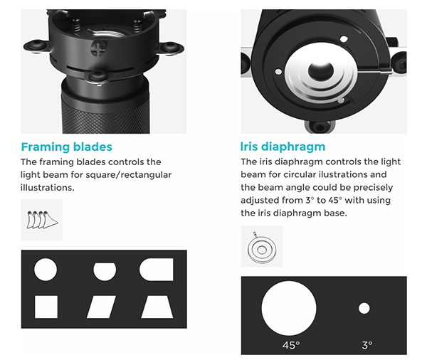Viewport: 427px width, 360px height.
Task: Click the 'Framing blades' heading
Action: [66, 147]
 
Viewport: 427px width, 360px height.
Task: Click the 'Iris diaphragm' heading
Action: [283, 147]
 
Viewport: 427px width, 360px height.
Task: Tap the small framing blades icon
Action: [42, 220]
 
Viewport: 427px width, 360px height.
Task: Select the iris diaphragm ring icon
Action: [262, 246]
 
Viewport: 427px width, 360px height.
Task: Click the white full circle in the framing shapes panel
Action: [46, 270]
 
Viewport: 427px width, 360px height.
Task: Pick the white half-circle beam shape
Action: [105, 272]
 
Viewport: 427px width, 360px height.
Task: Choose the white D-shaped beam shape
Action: [157, 270]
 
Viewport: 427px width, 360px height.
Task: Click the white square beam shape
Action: [46, 307]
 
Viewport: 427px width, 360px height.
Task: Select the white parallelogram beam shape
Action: [101, 307]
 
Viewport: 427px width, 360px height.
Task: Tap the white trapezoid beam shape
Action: [157, 307]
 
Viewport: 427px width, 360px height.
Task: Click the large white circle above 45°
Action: [289, 308]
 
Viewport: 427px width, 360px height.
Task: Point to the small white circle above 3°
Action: [364, 308]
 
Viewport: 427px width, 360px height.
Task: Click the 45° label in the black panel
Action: [291, 345]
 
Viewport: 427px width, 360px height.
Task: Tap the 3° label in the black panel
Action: [367, 345]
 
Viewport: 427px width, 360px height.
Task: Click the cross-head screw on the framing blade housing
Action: [97, 48]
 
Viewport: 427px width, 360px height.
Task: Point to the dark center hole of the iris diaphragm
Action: [320, 71]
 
